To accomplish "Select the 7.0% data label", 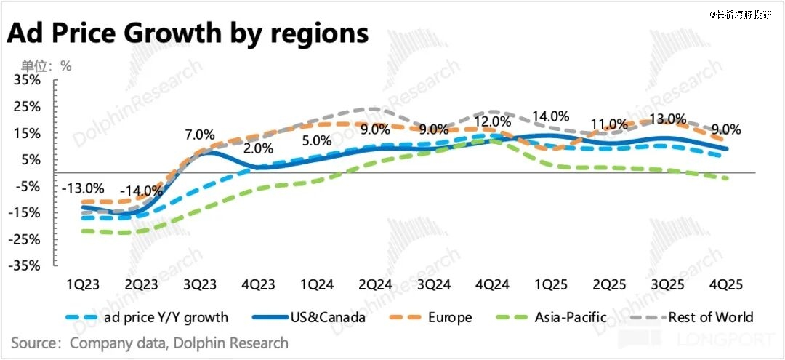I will pos(200,135).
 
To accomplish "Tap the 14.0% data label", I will pos(550,116).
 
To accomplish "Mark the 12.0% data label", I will pos(492,121).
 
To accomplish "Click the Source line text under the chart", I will pos(150,343).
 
